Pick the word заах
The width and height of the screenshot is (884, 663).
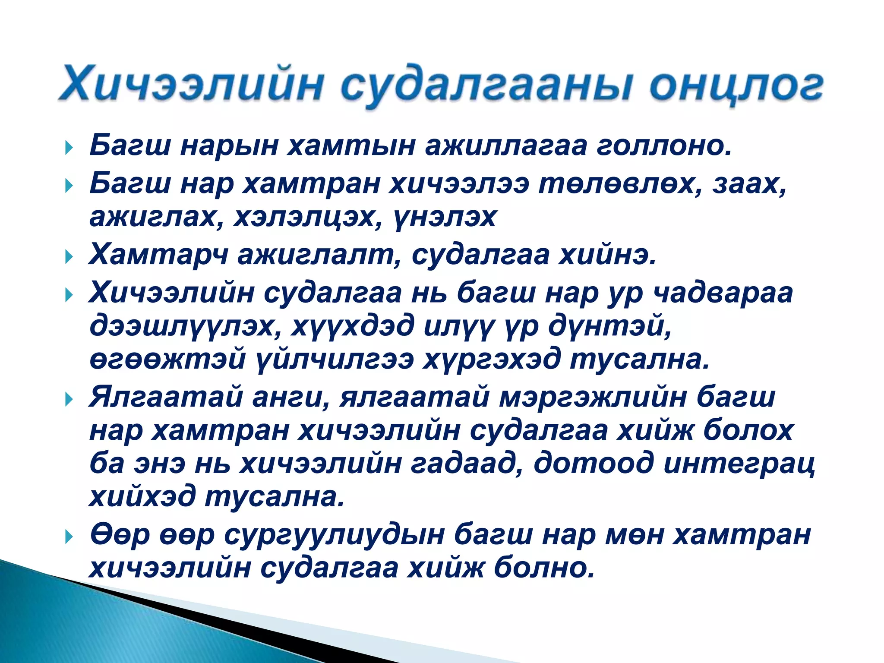749,184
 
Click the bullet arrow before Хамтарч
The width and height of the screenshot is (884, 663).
69,258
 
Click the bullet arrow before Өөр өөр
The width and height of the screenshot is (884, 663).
69,537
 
